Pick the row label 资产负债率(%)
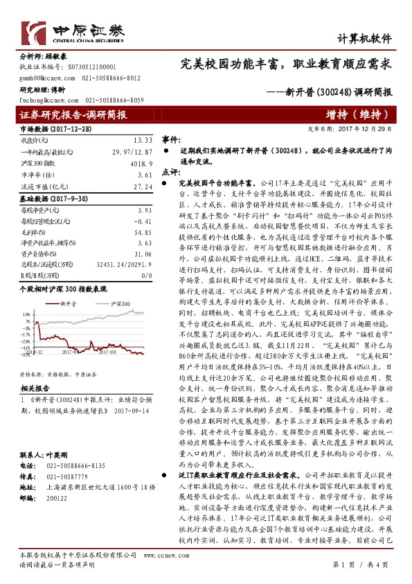pos(41,255)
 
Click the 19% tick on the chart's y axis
pos(26,313)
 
